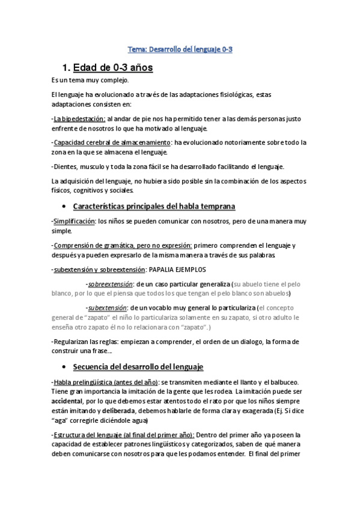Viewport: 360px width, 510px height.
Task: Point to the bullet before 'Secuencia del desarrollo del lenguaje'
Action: pyautogui.click(x=64, y=366)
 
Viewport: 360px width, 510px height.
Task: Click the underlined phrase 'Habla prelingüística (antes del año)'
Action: pyautogui.click(x=106, y=382)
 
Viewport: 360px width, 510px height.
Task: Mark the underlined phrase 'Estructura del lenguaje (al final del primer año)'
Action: pyautogui.click(x=123, y=434)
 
